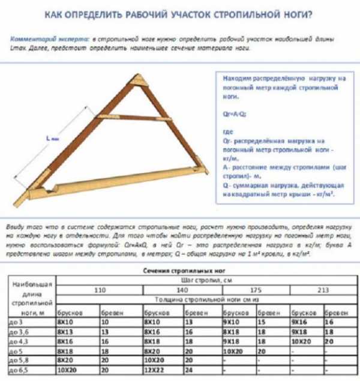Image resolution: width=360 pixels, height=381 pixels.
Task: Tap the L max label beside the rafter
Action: [52, 139]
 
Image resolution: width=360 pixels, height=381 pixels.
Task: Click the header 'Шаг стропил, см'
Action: [198, 280]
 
